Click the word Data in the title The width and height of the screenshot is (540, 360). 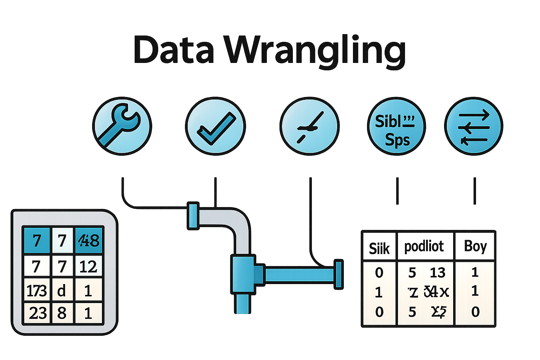(x=173, y=50)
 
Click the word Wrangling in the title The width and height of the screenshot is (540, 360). (x=315, y=51)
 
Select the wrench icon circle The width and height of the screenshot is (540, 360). (x=122, y=126)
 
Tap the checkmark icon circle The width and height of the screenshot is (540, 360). (x=215, y=126)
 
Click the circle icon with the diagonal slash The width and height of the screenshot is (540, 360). (x=309, y=126)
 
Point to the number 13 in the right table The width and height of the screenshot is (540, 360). (x=437, y=273)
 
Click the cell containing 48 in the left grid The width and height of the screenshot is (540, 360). (x=89, y=241)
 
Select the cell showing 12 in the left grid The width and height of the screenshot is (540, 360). (x=88, y=266)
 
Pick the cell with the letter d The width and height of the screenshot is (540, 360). (x=62, y=291)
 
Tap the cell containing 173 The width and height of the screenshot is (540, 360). (x=37, y=291)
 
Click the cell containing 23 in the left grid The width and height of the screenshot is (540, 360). (x=38, y=313)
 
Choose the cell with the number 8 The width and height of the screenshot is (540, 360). (x=62, y=313)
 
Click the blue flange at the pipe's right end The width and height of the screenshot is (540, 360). (x=338, y=274)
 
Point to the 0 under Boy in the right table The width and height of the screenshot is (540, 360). (x=475, y=312)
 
